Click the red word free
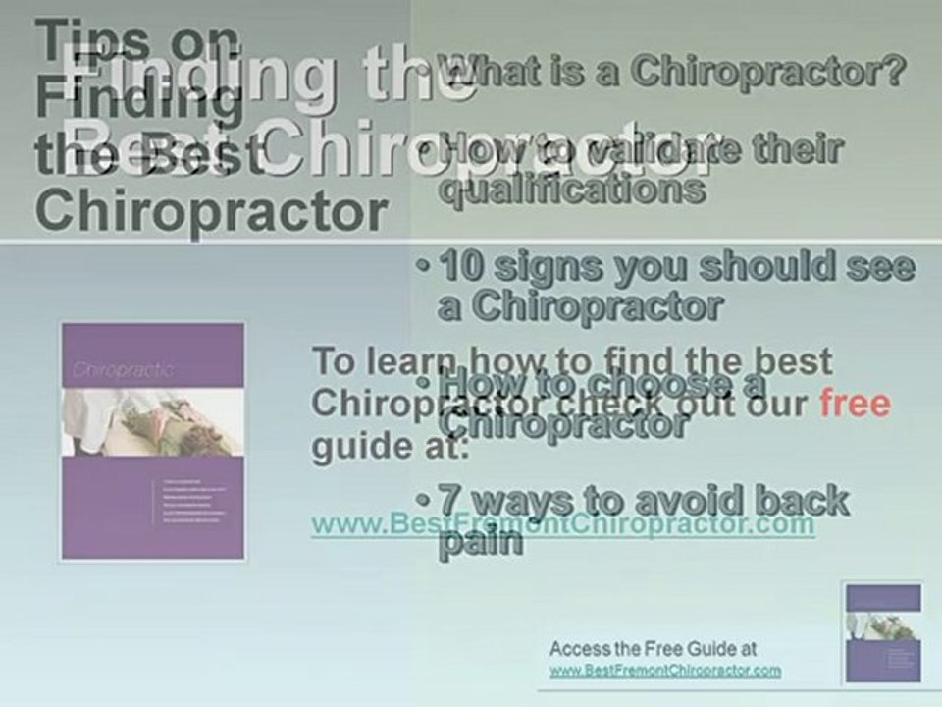(x=854, y=404)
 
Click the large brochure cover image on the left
(x=153, y=442)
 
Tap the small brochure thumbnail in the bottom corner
(x=883, y=632)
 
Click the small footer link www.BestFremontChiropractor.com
(x=665, y=671)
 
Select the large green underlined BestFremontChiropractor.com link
(x=562, y=524)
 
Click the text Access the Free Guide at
(x=653, y=649)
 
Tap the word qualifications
(x=571, y=188)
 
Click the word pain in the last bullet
(x=480, y=543)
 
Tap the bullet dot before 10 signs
(x=422, y=268)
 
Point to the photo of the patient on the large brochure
(x=153, y=421)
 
